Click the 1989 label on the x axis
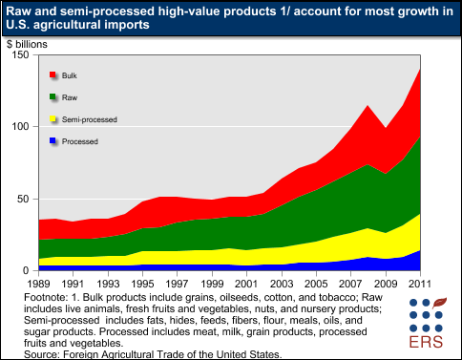[x=38, y=284]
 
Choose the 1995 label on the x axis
[x=142, y=284]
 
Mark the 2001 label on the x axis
[x=246, y=284]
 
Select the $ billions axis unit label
[x=28, y=43]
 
